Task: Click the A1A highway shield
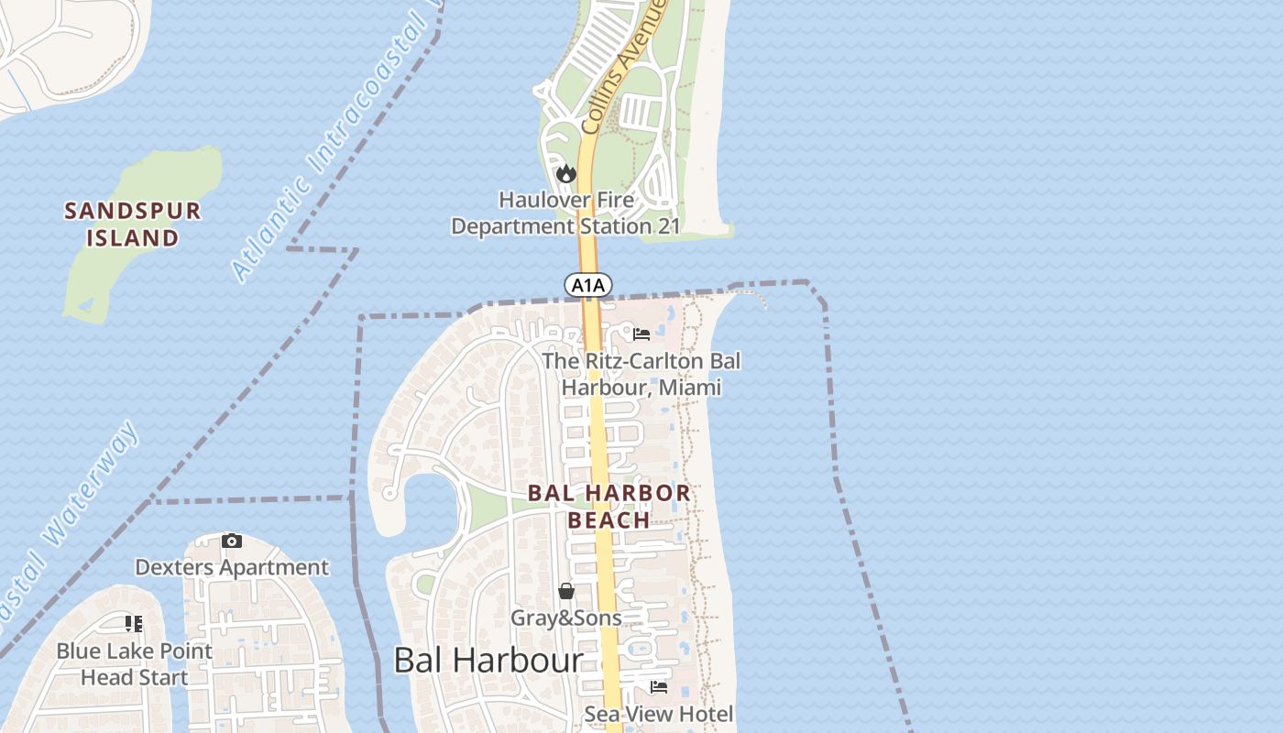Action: (x=587, y=285)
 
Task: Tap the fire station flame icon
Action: (x=566, y=173)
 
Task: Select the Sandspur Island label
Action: (x=133, y=224)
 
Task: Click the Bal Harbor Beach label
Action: (x=609, y=506)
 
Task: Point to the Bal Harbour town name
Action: (x=488, y=661)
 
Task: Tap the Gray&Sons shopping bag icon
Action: (x=566, y=591)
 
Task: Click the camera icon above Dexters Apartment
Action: (x=232, y=541)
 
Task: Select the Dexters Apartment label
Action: (x=231, y=567)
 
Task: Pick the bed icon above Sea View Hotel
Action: (x=658, y=686)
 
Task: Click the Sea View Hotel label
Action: (x=659, y=714)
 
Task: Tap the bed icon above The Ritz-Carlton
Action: (x=641, y=334)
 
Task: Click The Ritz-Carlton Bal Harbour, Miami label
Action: (x=641, y=374)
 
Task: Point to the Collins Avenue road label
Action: (x=622, y=69)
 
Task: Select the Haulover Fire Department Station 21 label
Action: (x=565, y=213)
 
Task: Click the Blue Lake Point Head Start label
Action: (x=135, y=664)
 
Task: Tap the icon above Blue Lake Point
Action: (x=134, y=624)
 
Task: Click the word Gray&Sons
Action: (x=565, y=618)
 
